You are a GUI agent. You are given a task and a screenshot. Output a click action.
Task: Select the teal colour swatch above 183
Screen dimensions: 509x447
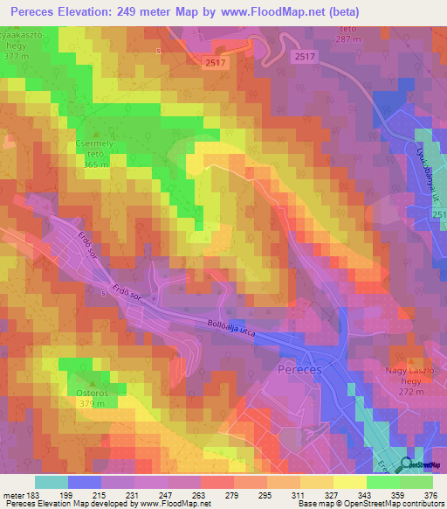pos(51,482)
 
